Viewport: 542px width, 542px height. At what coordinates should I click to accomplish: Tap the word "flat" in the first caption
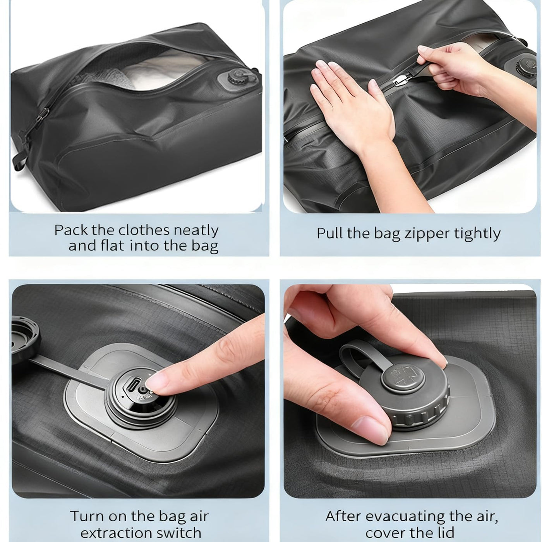point(112,245)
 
